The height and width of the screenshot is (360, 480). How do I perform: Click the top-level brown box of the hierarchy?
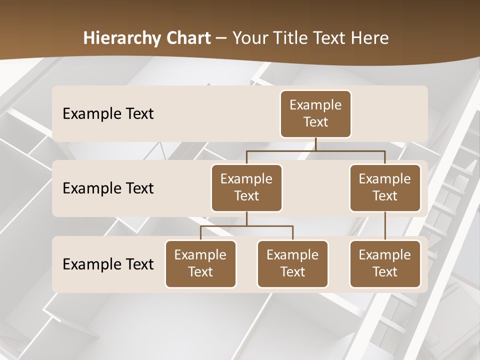(315, 114)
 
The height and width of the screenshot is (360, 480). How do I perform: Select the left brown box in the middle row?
(246, 188)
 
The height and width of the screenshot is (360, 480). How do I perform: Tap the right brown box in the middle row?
(385, 188)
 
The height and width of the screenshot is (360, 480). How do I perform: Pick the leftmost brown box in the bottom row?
(200, 264)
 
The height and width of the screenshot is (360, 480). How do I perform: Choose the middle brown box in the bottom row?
(292, 264)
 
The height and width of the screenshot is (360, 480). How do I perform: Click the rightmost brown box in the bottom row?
(385, 264)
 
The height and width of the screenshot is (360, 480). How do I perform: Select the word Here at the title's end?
(370, 38)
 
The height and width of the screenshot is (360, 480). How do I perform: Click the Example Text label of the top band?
(108, 114)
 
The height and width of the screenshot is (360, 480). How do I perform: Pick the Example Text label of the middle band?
(108, 188)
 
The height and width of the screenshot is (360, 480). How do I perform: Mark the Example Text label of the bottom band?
(108, 264)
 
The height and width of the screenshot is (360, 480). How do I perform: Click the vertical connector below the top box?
(315, 144)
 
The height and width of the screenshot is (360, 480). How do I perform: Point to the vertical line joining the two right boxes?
(385, 226)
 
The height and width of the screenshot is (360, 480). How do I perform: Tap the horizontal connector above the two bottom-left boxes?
(246, 226)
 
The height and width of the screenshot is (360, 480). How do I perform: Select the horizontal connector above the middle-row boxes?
(315, 150)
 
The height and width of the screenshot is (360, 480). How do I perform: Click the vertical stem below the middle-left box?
(246, 218)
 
